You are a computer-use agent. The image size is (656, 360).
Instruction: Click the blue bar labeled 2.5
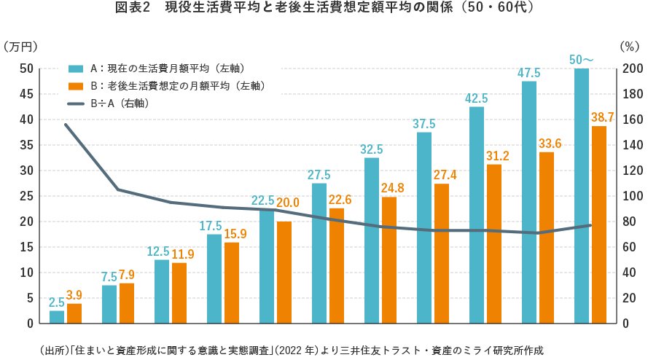57,317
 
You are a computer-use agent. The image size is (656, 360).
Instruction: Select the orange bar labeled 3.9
74,313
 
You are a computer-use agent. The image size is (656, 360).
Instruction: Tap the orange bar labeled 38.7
599,224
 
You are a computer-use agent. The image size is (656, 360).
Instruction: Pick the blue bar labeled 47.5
529,202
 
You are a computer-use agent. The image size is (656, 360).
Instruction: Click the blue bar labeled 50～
582,195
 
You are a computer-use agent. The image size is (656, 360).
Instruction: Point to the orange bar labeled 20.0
284,272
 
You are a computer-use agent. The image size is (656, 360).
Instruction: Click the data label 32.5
372,149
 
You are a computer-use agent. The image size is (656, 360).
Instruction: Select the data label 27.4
442,175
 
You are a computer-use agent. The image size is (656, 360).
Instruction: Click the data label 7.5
109,277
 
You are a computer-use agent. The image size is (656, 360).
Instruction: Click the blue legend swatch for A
76,69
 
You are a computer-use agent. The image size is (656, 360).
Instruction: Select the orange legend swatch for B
76,86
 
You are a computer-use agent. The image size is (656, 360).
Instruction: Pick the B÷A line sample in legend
76,103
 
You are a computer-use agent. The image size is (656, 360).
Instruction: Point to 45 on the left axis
26,94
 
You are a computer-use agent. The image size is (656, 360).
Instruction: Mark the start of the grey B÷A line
66,125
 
